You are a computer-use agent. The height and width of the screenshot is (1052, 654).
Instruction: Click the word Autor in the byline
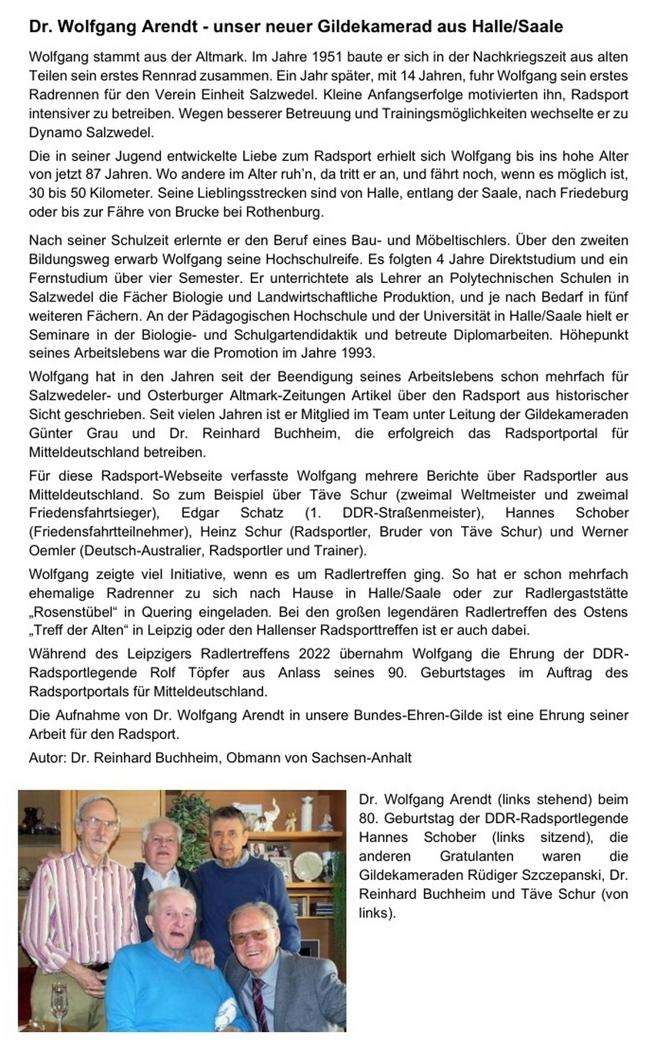pos(46,757)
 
